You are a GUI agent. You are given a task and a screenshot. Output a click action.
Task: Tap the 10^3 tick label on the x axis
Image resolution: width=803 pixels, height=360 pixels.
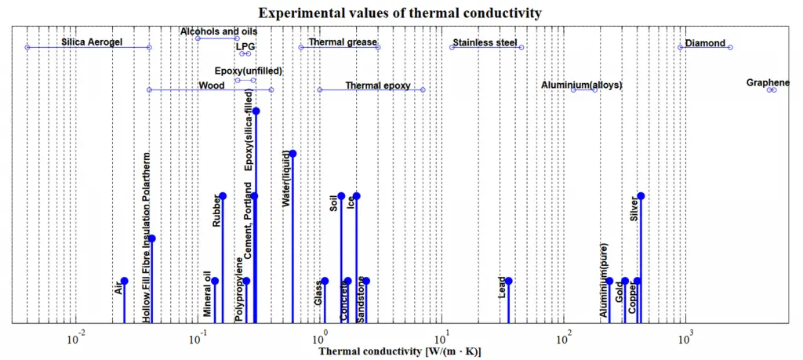tap(686, 339)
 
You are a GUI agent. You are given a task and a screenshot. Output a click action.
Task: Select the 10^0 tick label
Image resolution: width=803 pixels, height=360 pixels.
tap(320, 339)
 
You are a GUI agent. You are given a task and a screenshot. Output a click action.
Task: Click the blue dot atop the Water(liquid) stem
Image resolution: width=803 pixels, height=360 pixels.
tap(292, 153)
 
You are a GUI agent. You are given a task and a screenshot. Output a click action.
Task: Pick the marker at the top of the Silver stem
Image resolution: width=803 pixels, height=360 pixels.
tap(641, 195)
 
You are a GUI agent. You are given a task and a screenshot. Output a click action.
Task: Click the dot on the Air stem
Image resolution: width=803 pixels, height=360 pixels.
tap(124, 281)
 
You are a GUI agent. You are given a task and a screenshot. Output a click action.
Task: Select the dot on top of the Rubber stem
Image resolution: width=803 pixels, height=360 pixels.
tap(223, 195)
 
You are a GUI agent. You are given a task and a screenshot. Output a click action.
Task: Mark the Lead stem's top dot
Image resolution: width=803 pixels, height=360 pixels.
tap(508, 281)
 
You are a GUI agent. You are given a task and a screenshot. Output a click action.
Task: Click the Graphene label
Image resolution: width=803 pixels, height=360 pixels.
tap(768, 82)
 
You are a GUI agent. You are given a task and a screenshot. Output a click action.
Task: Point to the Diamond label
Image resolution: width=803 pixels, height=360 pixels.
tap(705, 43)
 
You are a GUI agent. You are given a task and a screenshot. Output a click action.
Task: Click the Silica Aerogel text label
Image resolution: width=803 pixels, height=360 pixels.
tap(92, 42)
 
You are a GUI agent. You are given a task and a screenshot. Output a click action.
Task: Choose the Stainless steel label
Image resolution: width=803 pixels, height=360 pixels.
tap(485, 42)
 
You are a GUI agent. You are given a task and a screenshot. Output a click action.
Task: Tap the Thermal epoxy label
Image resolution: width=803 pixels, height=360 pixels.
tap(378, 85)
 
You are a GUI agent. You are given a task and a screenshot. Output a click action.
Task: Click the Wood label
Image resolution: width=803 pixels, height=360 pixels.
tap(212, 85)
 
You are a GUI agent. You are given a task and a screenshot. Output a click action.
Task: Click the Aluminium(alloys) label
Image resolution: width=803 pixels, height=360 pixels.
tap(582, 85)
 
